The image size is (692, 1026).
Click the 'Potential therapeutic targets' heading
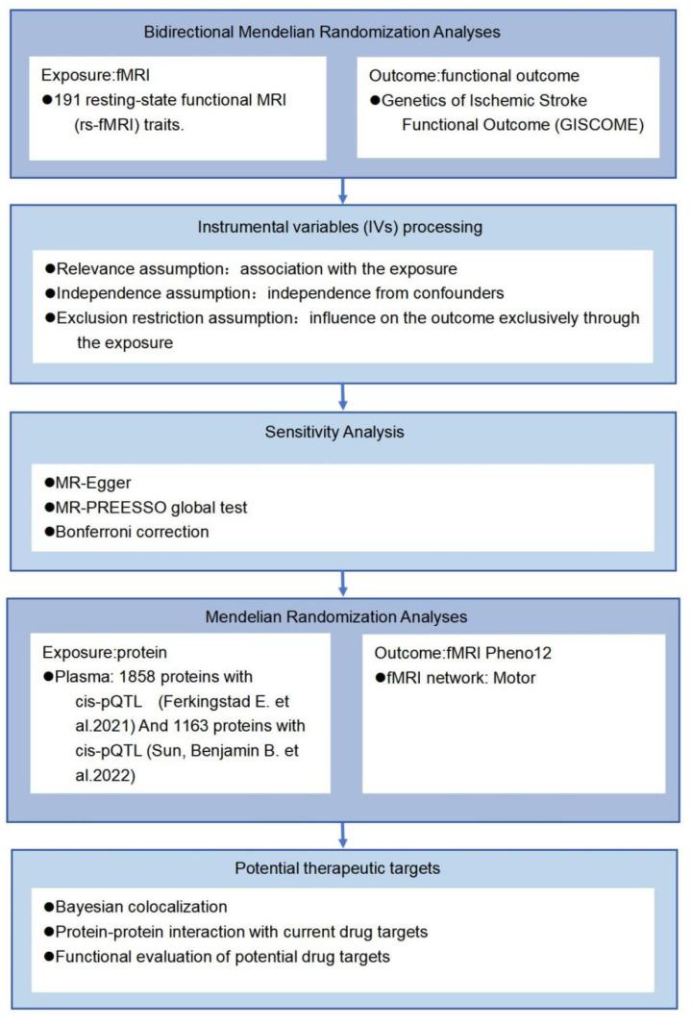(342, 868)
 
